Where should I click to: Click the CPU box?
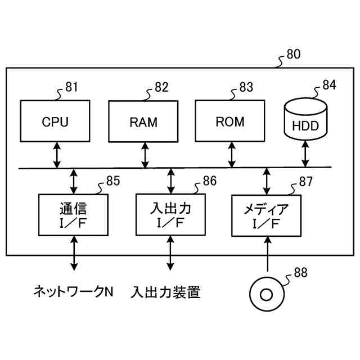[x=55, y=121]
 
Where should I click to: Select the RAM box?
[x=143, y=121]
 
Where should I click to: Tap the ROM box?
[x=230, y=121]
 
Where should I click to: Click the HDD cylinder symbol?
[x=306, y=119]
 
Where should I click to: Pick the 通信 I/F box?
[x=74, y=215]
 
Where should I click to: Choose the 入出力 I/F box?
[x=170, y=215]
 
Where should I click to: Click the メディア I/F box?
[x=266, y=215]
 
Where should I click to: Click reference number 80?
[x=294, y=54]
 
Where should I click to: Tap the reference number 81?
[x=71, y=87]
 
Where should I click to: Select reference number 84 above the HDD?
[x=330, y=85]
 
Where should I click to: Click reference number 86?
[x=210, y=181]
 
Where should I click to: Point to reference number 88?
[x=301, y=272]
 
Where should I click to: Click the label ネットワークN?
[x=74, y=291]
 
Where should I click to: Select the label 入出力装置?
[x=165, y=292]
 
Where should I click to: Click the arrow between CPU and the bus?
[x=57, y=155]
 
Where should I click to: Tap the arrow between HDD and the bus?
[x=305, y=154]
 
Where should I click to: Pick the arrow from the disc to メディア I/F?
[x=268, y=254]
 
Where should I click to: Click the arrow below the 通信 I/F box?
[x=74, y=253]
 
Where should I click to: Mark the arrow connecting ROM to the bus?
[x=232, y=155]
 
